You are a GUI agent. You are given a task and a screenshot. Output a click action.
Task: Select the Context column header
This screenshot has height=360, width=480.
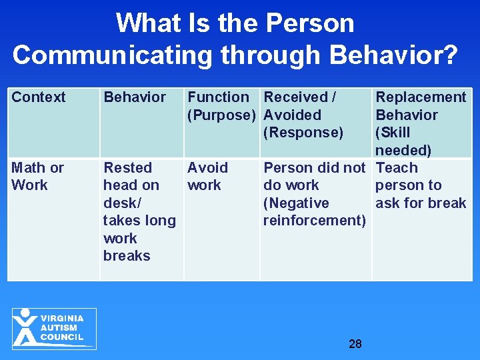pos(39,97)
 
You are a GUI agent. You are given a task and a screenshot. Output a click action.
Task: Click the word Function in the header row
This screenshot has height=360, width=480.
pos(218,97)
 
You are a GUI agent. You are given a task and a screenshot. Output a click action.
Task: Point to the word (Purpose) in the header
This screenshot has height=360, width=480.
pos(221,115)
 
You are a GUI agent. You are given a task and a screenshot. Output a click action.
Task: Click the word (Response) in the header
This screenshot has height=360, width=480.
pos(303,132)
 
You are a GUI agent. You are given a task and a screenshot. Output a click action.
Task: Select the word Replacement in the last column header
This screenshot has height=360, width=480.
pos(421,97)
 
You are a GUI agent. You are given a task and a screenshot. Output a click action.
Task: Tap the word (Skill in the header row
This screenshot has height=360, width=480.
pos(393,132)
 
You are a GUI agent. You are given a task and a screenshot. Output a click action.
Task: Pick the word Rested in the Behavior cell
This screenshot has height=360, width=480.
pos(127,167)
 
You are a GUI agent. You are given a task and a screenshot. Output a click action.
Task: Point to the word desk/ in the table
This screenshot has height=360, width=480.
pos(122,203)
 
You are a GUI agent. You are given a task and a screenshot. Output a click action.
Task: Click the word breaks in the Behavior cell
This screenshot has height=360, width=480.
pos(127,255)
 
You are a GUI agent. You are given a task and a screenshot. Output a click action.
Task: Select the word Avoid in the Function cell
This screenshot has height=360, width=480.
pos(207,167)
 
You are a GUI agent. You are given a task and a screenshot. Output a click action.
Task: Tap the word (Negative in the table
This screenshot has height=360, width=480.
pos(296,203)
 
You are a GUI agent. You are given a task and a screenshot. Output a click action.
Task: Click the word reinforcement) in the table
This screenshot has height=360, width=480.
pos(314,220)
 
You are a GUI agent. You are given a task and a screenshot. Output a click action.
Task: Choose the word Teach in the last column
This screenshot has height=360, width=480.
pos(397,167)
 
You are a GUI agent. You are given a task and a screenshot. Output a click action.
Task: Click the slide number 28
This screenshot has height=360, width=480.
pos(355,344)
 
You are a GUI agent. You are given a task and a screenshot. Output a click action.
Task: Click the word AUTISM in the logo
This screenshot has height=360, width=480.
pos(59,328)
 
